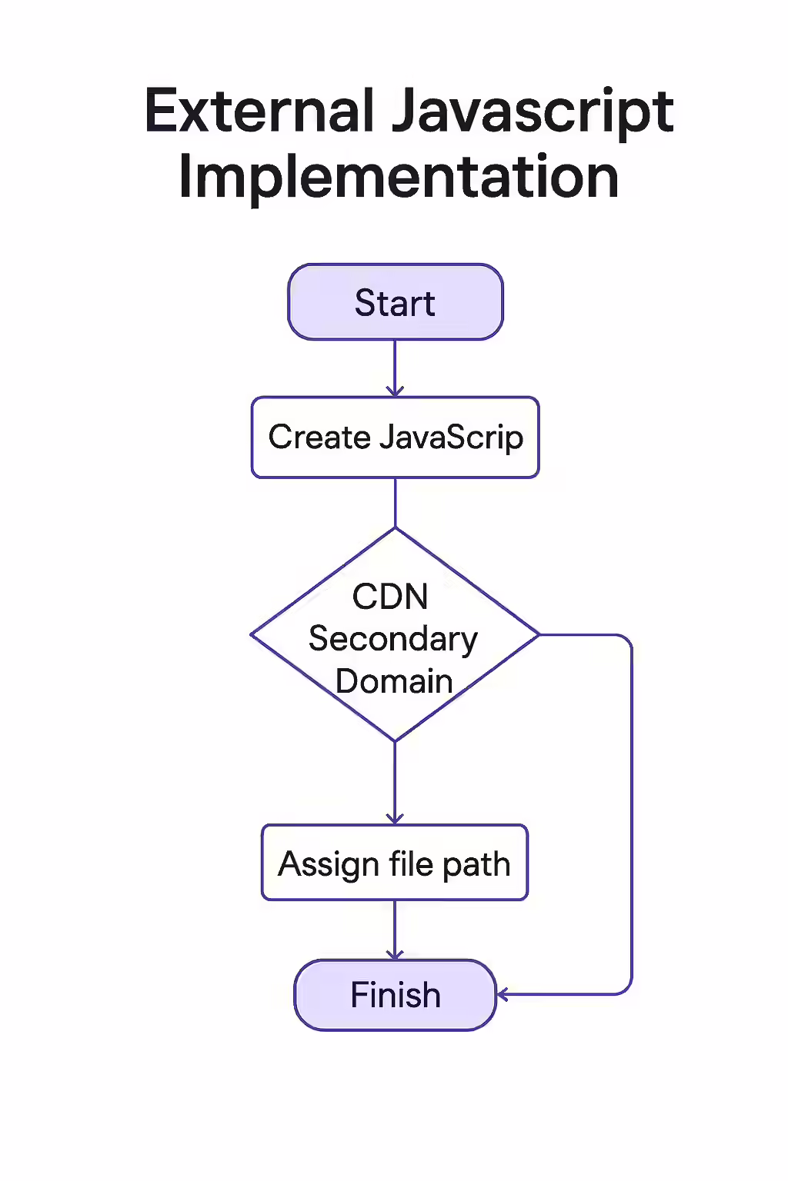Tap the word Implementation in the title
tap(399, 178)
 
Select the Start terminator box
tap(396, 302)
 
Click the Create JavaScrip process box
tap(396, 437)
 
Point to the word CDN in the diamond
tap(390, 597)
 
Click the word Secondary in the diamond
tap(393, 639)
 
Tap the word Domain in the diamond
tap(394, 681)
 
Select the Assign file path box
tap(395, 863)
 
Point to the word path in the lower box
tap(476, 865)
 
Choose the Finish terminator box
tap(396, 995)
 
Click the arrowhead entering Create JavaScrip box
tap(395, 391)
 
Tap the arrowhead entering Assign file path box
tap(395, 819)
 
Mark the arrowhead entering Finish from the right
tap(503, 995)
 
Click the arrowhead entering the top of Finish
tap(395, 954)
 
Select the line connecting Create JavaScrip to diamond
tap(395, 502)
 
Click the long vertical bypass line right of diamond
tap(632, 815)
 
